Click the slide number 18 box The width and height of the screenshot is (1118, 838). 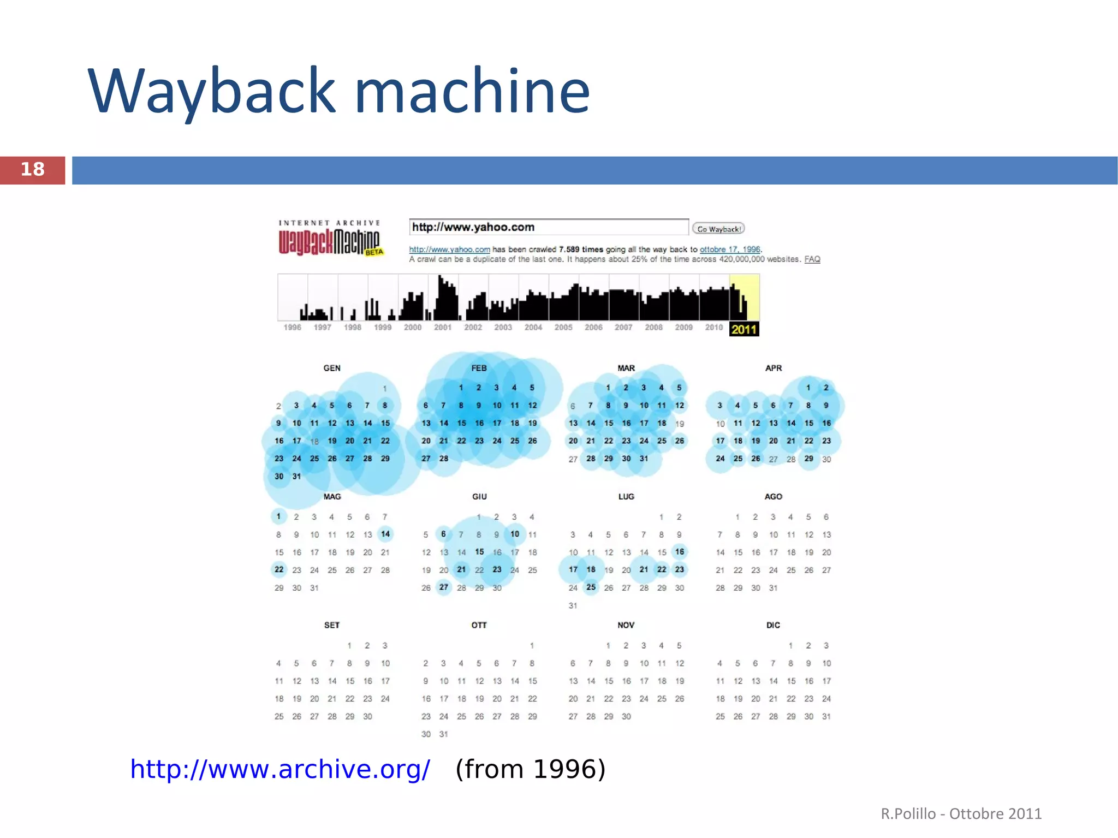coord(32,170)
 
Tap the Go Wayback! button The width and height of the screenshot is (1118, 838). coord(718,229)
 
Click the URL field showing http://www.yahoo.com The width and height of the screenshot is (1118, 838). coord(548,227)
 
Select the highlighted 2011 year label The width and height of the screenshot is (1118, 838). coord(744,329)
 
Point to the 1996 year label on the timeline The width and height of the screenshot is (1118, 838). coord(292,328)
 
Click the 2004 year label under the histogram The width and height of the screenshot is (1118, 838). coord(533,328)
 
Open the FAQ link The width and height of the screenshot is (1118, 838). coord(812,259)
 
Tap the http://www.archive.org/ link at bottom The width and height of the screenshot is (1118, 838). coord(280,769)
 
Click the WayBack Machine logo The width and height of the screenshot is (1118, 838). coord(330,240)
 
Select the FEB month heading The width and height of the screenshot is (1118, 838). coord(479,369)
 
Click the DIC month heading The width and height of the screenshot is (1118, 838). coord(773,625)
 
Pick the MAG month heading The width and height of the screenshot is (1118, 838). coord(332,497)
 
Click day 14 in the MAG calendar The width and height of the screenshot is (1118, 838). coord(385,534)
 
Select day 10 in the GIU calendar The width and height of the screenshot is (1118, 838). coord(515,534)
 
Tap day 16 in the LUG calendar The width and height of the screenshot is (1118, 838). coord(679,552)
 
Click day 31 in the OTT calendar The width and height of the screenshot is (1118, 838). coord(444,734)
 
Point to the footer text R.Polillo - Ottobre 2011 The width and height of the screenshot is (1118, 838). coord(961,814)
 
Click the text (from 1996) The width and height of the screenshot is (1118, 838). coord(530,769)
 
